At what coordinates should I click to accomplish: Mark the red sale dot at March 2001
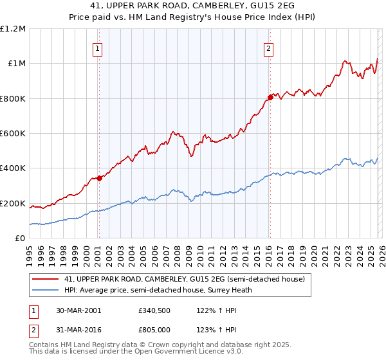(100, 179)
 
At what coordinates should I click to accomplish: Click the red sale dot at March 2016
(270, 97)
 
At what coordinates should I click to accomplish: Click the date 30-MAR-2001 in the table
(78, 310)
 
